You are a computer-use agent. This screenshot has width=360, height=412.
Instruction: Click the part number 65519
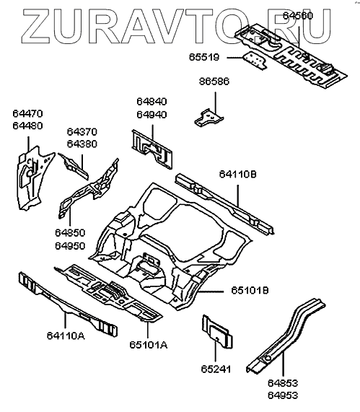(204, 57)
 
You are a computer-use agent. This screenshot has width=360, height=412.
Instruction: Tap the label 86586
(214, 82)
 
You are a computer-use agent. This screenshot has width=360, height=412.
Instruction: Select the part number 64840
(152, 102)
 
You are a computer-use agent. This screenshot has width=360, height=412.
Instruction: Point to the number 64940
(152, 115)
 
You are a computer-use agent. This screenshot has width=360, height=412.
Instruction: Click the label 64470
(27, 113)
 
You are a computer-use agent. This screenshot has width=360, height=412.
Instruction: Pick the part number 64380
(82, 144)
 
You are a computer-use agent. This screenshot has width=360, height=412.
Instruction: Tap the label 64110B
(238, 174)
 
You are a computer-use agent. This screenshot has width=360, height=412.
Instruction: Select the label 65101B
(250, 291)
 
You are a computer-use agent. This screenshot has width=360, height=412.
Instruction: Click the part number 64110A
(66, 336)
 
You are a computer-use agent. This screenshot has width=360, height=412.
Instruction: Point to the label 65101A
(149, 345)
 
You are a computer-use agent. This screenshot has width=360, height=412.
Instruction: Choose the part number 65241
(216, 369)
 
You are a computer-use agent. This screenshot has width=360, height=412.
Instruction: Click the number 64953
(283, 395)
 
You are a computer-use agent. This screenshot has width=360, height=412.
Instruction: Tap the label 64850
(70, 233)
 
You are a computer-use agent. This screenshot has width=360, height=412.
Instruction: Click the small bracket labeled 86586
(209, 118)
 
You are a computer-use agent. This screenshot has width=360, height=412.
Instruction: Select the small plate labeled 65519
(255, 61)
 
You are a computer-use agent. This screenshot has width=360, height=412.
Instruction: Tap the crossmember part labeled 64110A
(68, 304)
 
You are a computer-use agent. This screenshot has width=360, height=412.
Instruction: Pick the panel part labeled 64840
(152, 149)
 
